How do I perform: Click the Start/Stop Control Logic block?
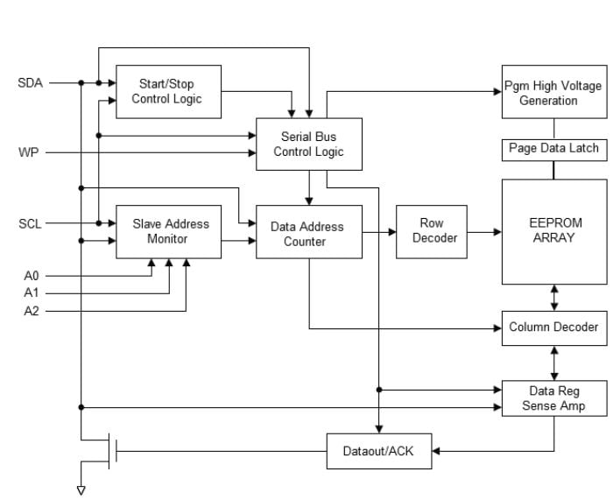pyautogui.click(x=168, y=91)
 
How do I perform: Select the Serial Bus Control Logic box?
pyautogui.click(x=308, y=144)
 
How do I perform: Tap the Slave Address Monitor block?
pyautogui.click(x=168, y=231)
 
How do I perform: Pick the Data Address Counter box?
pyautogui.click(x=308, y=232)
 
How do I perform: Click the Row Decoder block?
pyautogui.click(x=431, y=231)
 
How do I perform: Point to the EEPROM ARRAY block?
pyautogui.click(x=553, y=231)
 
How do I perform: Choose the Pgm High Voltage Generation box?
pyautogui.click(x=553, y=92)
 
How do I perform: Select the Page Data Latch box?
pyautogui.click(x=553, y=149)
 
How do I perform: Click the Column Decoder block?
pyautogui.click(x=553, y=327)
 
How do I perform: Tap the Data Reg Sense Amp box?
pyautogui.click(x=553, y=398)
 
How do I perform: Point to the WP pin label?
pyautogui.click(x=29, y=153)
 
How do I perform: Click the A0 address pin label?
pyautogui.click(x=31, y=275)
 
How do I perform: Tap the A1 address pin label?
pyautogui.click(x=31, y=292)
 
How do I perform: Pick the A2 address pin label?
pyautogui.click(x=31, y=310)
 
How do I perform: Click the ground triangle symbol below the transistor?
pyautogui.click(x=81, y=489)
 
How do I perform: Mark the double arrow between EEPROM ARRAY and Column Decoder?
pyautogui.click(x=553, y=297)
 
